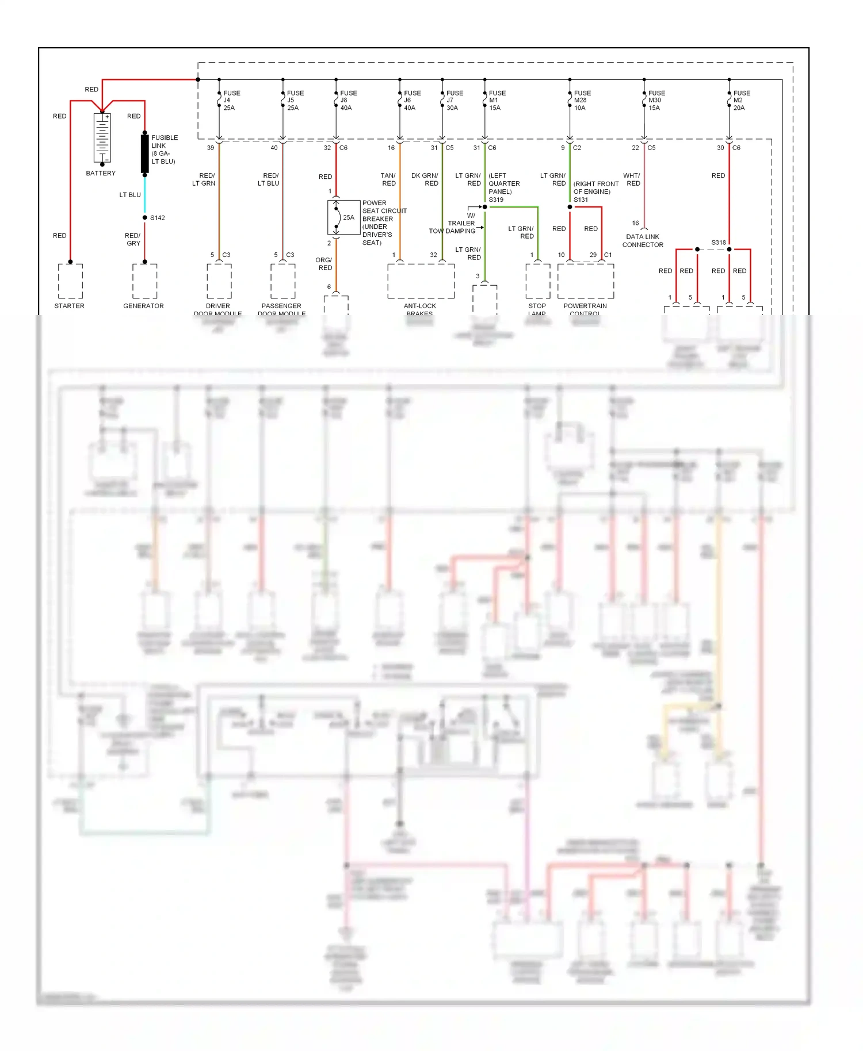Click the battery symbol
(x=102, y=138)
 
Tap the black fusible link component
(x=145, y=154)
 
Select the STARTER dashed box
(x=70, y=281)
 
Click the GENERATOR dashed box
(x=144, y=281)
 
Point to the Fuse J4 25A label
(x=231, y=100)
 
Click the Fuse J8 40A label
(x=348, y=100)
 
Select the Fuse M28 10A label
(x=582, y=100)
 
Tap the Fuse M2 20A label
(x=741, y=100)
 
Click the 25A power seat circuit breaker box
(x=343, y=217)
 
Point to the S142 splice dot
(x=145, y=217)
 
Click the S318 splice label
(x=718, y=243)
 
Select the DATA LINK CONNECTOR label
(x=643, y=240)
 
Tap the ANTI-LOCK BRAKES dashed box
(x=421, y=281)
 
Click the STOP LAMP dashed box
(x=537, y=281)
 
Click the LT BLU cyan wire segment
(x=145, y=194)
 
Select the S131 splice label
(x=581, y=200)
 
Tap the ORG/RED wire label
(x=324, y=264)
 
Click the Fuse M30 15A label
(x=656, y=100)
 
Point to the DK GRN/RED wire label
(x=425, y=179)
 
